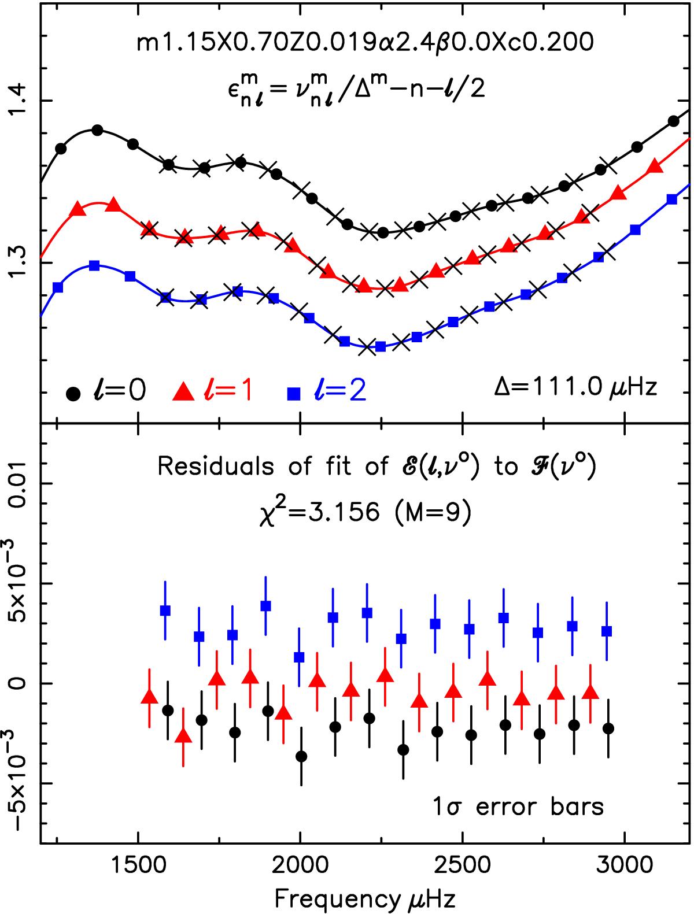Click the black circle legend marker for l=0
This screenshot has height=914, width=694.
pyautogui.click(x=73, y=393)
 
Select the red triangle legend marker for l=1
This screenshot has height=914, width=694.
pyautogui.click(x=183, y=393)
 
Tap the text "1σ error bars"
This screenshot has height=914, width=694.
pyautogui.click(x=519, y=806)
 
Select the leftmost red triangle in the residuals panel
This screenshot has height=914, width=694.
pyautogui.click(x=149, y=697)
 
